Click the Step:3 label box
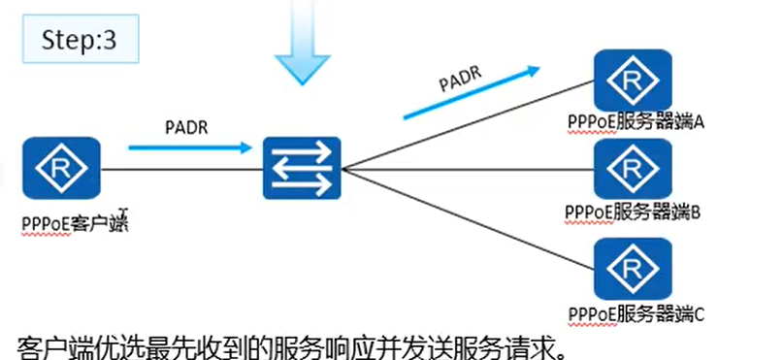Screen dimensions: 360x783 81,41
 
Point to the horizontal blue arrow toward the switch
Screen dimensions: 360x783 189,148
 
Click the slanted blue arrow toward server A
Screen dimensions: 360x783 471,93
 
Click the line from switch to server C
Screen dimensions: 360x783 466,217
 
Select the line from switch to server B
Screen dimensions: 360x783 466,167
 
